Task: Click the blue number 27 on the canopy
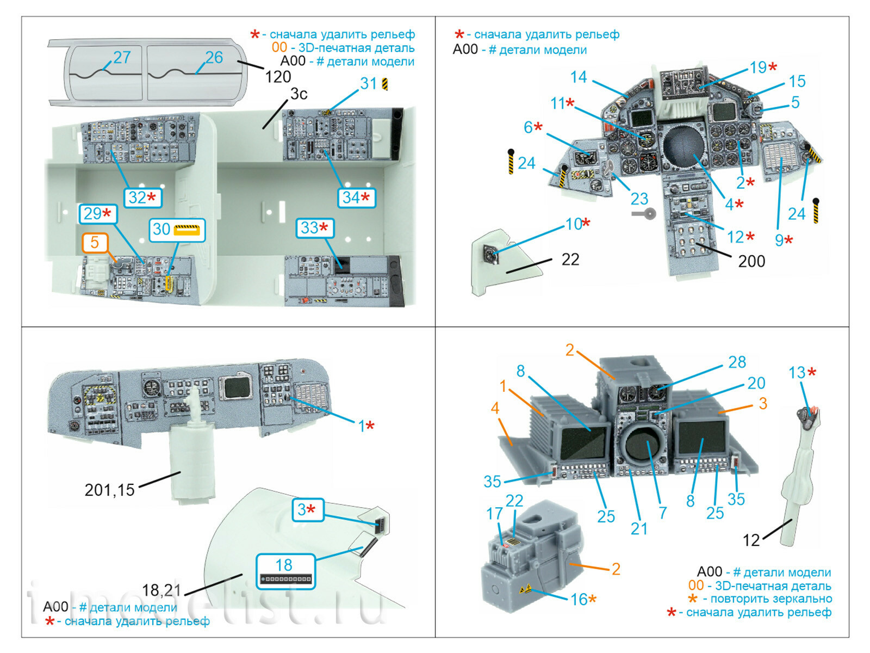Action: pos(122,57)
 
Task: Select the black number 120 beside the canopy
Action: pos(278,77)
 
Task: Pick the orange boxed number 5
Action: pos(95,242)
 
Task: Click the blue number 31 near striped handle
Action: pos(368,83)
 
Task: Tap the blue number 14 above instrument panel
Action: pos(579,77)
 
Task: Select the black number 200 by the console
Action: pos(751,261)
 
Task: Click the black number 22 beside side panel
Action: pos(570,260)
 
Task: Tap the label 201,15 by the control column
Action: pos(109,490)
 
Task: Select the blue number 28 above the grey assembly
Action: pos(737,362)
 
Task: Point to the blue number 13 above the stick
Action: pos(797,373)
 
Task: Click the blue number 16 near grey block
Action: pos(579,599)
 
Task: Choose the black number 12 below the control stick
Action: pos(751,540)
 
